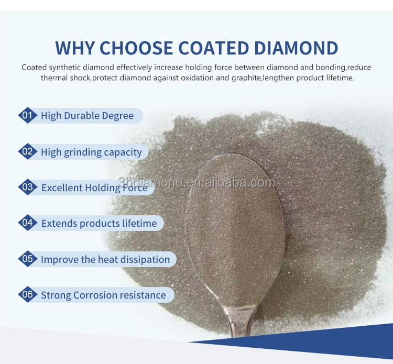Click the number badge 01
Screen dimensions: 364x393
click(27, 115)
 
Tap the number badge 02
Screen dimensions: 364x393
click(27, 152)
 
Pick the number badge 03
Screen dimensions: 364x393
click(27, 187)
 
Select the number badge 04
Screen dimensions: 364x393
click(27, 223)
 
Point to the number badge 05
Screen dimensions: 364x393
click(27, 259)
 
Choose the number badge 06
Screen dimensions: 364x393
click(27, 294)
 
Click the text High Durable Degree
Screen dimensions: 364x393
click(87, 116)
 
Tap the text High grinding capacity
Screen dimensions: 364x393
click(91, 152)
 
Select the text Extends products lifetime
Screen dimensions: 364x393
click(99, 224)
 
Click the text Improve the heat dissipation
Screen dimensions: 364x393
click(105, 259)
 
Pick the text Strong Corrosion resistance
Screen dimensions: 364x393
click(103, 295)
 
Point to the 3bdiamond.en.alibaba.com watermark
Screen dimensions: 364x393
click(196, 182)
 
